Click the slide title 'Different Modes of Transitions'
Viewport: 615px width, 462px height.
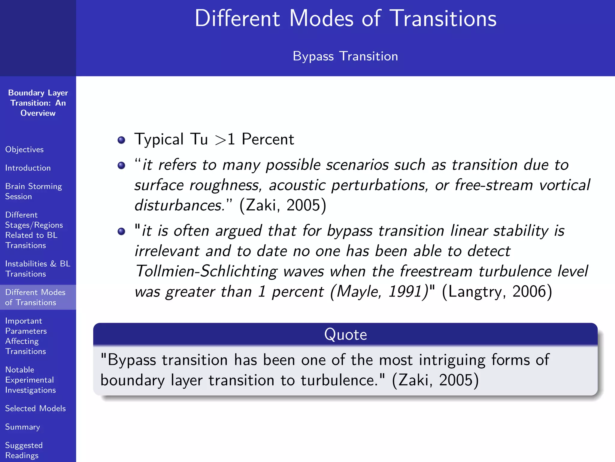(x=345, y=19)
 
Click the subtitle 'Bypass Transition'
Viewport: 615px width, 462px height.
(x=345, y=56)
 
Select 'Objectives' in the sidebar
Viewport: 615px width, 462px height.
(x=24, y=149)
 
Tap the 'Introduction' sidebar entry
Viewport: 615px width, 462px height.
(x=28, y=168)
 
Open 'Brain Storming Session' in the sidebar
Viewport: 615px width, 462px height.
(x=33, y=191)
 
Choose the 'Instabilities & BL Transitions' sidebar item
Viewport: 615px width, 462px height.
(x=38, y=269)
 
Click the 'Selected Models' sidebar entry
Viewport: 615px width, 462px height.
(x=35, y=408)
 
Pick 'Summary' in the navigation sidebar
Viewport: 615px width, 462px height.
(x=23, y=427)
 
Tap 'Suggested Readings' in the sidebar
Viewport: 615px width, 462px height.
(x=24, y=450)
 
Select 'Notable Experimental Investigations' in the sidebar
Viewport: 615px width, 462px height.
(x=30, y=380)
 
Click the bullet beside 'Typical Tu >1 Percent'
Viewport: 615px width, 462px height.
(x=121, y=140)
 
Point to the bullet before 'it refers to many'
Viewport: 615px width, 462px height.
(x=121, y=165)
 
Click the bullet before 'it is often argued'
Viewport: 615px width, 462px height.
(x=121, y=231)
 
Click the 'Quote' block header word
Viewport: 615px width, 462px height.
(x=345, y=334)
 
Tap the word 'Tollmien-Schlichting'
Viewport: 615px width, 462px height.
(x=206, y=271)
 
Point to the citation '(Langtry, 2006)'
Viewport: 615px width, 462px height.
(x=497, y=291)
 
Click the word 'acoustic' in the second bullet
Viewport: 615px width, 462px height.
(x=297, y=185)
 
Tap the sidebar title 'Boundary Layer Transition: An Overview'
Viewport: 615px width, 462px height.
(x=38, y=103)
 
